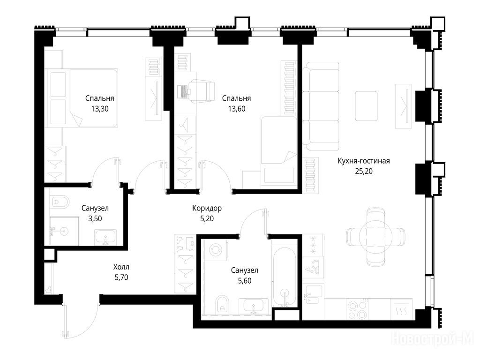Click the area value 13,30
point(100,109)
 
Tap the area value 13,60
point(237,109)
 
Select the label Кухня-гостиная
point(364,161)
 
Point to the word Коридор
point(207,209)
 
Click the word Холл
point(121,267)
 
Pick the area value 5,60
point(245,281)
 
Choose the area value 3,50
point(95,218)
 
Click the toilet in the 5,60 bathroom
point(222,304)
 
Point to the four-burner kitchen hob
point(358,309)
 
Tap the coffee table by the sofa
point(366,106)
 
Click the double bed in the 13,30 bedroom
point(82,98)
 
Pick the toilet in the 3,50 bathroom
point(60,202)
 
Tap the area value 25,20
point(364,171)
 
